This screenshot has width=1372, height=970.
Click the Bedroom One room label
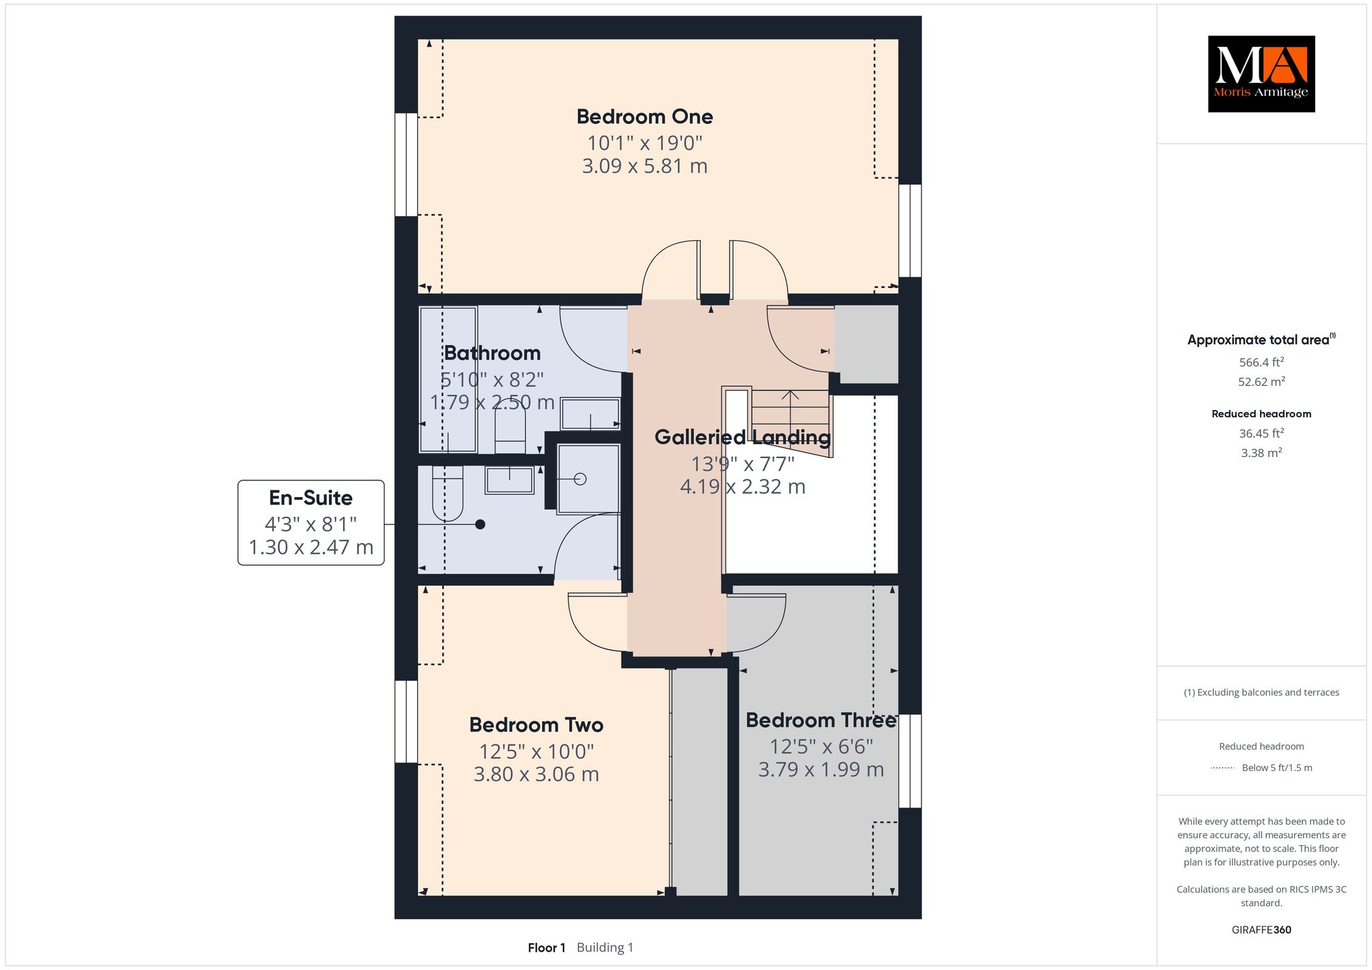point(644,117)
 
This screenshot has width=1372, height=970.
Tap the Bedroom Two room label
point(536,725)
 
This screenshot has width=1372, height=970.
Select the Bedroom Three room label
point(821,720)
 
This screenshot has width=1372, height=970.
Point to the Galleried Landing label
point(742,437)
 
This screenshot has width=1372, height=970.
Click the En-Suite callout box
point(311,523)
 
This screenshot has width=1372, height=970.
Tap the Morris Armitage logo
point(1261,74)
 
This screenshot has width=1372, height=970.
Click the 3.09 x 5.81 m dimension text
point(644,166)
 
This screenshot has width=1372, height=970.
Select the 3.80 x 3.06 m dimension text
point(536,774)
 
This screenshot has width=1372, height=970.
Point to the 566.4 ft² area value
point(1261,362)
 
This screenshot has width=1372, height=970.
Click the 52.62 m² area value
point(1261,382)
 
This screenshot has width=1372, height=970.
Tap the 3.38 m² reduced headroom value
point(1261,453)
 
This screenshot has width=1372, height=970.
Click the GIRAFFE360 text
point(1261,930)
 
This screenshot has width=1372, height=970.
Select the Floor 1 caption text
point(547,947)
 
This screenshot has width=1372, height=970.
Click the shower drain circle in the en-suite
point(580,479)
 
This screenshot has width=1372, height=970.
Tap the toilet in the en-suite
point(448,493)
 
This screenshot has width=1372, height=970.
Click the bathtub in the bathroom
point(448,379)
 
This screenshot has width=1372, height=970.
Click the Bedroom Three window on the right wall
point(910,761)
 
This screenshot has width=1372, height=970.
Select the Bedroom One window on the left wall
point(406,164)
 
